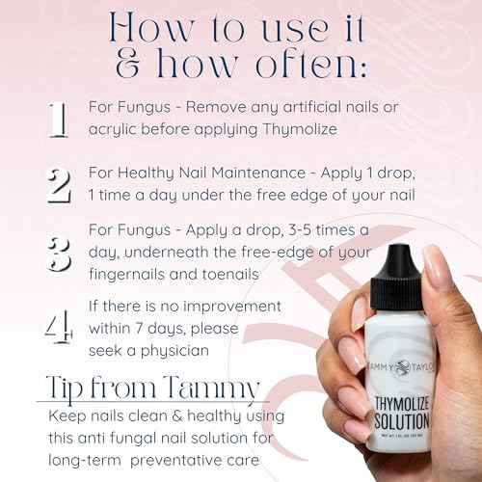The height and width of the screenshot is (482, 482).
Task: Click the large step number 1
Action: point(58,121)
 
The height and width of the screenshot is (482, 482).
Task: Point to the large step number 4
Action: point(59,328)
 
